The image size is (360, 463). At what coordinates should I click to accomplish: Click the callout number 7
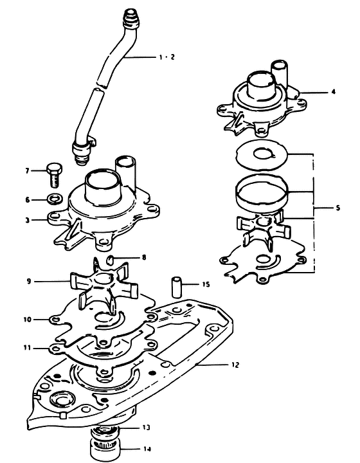[x=28, y=170]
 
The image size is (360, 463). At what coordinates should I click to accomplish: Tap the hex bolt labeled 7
[x=55, y=174]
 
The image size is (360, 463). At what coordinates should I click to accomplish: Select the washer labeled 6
[x=55, y=199]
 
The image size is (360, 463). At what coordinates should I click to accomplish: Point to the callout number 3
[x=28, y=220]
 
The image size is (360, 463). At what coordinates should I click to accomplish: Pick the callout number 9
[x=29, y=281]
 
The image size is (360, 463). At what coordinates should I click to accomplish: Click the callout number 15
[x=206, y=284]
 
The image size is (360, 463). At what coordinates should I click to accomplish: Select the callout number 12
[x=235, y=365]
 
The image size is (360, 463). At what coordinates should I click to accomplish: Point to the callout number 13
[x=147, y=427]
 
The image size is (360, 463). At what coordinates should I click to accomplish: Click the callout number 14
[x=147, y=449]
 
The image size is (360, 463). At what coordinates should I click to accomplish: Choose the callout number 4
[x=334, y=91]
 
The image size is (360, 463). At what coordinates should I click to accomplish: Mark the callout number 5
[x=338, y=208]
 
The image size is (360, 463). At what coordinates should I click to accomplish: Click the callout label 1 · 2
[x=167, y=57]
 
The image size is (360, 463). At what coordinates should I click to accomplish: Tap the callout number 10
[x=28, y=320]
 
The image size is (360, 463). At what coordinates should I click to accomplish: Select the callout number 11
[x=28, y=348]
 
